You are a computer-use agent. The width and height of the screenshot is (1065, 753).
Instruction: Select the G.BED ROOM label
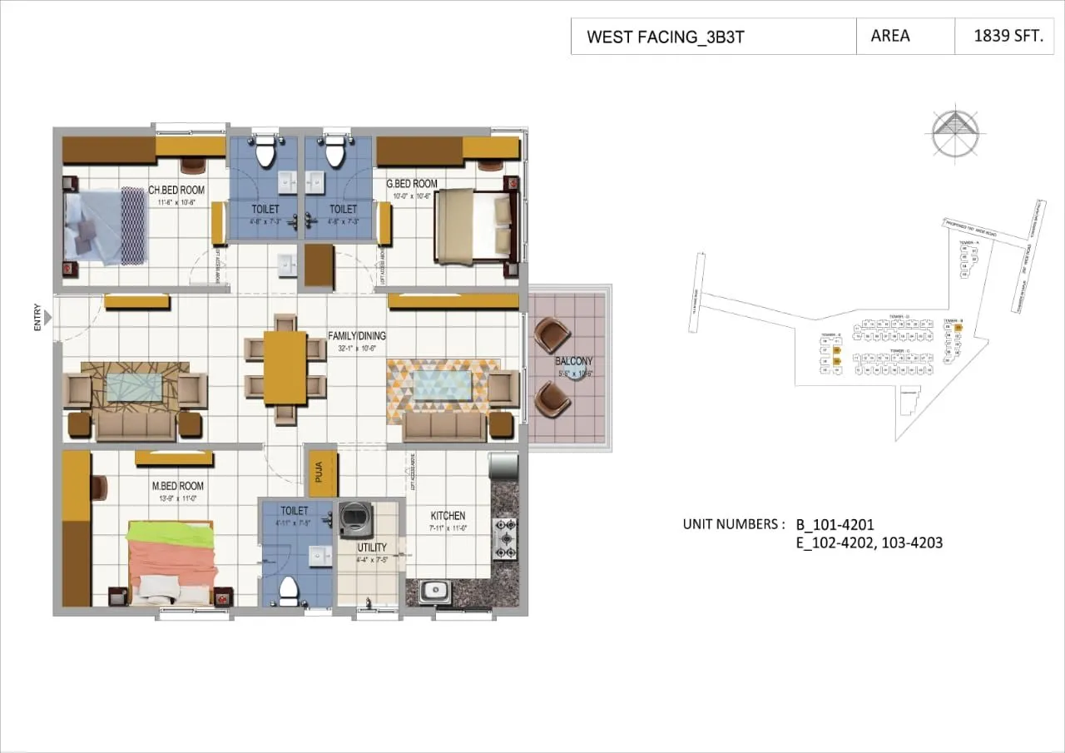(411, 184)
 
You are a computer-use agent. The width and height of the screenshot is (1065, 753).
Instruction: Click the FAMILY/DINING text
(357, 335)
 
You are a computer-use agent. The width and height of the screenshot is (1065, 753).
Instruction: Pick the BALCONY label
(574, 361)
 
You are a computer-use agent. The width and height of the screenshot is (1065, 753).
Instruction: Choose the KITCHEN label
(448, 516)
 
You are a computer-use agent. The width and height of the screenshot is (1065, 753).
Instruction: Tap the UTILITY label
(372, 547)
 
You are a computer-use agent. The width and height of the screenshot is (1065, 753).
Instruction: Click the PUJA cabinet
(320, 473)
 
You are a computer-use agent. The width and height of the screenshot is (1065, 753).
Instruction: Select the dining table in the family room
(285, 367)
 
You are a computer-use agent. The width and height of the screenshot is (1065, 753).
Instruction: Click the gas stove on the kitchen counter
(504, 538)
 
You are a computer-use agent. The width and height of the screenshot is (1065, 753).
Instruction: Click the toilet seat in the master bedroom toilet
(288, 589)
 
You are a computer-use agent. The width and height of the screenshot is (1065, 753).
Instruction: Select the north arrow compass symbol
(955, 133)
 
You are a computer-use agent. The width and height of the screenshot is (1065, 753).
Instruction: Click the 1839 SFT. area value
(1008, 37)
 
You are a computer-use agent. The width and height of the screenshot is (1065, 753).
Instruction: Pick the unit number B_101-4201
(835, 524)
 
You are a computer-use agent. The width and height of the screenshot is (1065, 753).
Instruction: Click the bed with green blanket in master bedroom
(172, 559)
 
